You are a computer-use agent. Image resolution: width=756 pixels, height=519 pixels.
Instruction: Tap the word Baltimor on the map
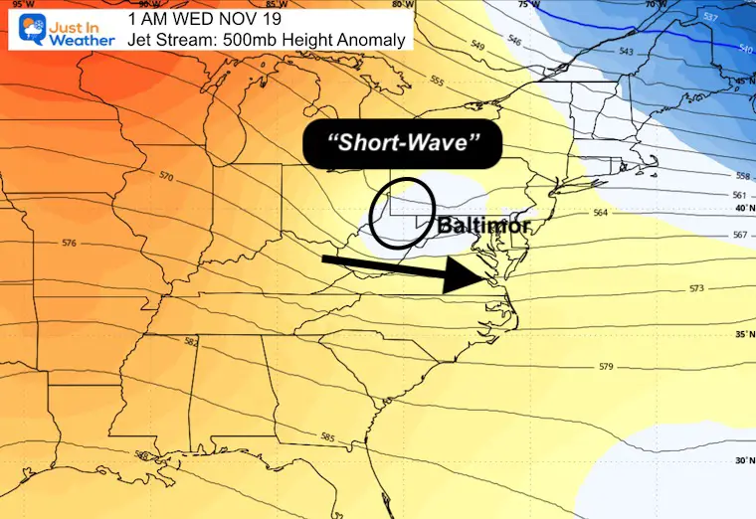[483, 227]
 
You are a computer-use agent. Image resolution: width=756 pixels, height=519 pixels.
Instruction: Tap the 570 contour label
[165, 177]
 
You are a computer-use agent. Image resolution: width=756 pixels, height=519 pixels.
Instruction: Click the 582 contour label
[191, 342]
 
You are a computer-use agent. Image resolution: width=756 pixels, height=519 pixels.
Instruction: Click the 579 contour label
[606, 367]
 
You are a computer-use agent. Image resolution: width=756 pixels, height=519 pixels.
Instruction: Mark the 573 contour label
[696, 288]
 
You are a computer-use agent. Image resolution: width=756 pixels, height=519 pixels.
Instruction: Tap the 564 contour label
[600, 212]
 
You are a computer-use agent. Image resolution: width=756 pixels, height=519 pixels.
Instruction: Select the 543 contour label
[626, 51]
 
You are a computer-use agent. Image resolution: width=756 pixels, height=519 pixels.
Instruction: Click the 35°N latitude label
[743, 335]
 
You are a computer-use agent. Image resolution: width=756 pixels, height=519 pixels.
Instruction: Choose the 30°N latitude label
[743, 460]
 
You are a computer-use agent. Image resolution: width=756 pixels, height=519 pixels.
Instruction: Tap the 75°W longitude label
[526, 4]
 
